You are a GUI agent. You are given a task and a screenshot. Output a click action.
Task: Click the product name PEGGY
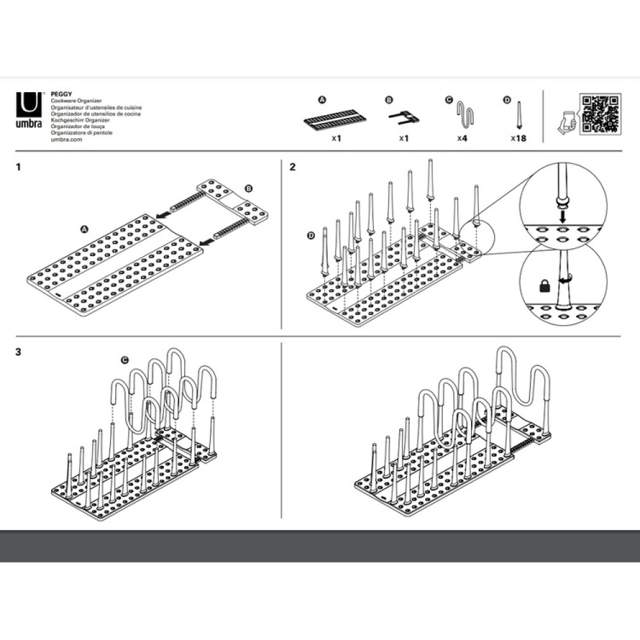coord(60,93)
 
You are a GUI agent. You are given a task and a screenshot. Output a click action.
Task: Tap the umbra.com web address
coord(67,139)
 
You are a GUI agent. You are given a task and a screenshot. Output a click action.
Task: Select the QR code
coord(599,114)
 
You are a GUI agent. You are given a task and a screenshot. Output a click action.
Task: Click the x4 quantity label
coord(462,138)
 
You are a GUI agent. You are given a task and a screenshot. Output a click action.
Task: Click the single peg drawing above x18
coord(518,117)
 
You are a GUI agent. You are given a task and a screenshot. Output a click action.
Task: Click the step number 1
coord(19,167)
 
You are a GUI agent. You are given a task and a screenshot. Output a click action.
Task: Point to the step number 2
coord(292,167)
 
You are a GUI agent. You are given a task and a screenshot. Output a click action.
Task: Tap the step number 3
coord(19,352)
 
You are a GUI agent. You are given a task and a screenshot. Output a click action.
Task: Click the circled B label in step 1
coord(249,189)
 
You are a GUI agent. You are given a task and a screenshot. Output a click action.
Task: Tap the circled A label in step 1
coord(84,228)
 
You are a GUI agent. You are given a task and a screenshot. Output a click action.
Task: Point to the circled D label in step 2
coord(312,236)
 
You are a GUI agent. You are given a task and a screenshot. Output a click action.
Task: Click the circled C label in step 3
coord(125,360)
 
